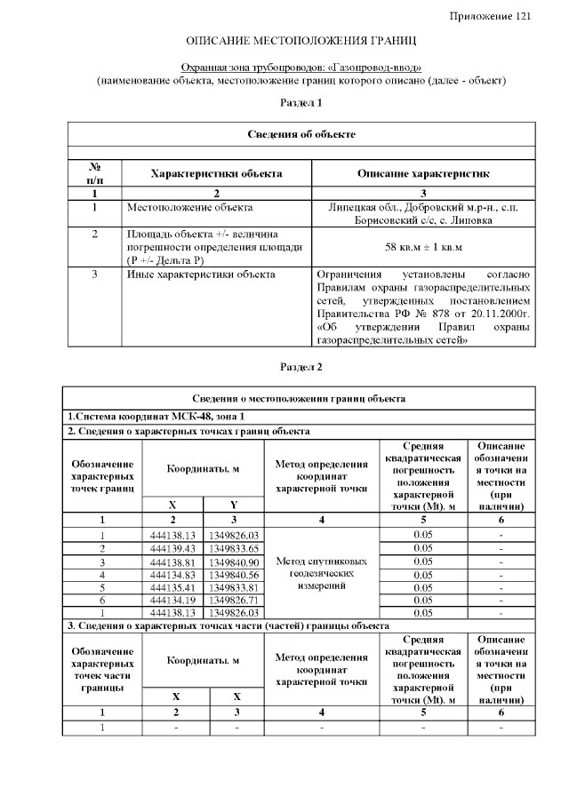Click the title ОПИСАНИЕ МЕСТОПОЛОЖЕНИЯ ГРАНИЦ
301,42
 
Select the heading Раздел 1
301,103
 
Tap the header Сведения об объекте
301,134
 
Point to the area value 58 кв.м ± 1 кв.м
423,246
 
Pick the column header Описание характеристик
423,173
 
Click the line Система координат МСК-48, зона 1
156,417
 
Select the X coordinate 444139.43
172,548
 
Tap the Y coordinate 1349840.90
234,561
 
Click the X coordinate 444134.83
172,575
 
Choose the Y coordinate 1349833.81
234,587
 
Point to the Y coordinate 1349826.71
234,601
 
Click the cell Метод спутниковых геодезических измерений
321,574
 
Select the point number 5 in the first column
102,587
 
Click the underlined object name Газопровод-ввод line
301,68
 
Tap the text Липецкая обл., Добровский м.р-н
423,208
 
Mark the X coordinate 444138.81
172,561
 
